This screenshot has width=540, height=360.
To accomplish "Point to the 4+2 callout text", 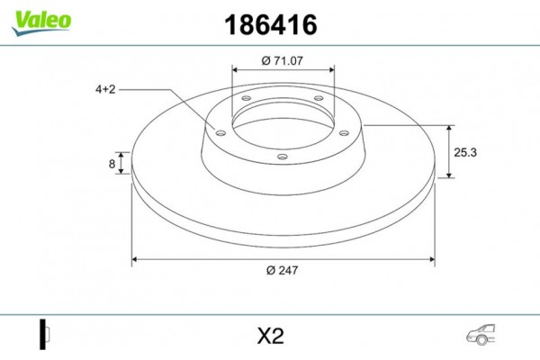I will click(x=106, y=89).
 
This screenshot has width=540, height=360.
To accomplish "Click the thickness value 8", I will click(x=112, y=164).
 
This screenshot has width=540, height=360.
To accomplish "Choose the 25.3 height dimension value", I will click(x=465, y=152).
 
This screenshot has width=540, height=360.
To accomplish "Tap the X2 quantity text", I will click(x=270, y=336).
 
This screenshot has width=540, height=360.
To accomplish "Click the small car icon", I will click(x=481, y=335).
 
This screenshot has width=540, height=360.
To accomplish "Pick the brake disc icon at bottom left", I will click(x=43, y=335).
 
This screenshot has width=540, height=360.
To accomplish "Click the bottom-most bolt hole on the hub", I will click(x=283, y=158).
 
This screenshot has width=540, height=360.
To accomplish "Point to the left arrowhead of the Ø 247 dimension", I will click(x=137, y=261).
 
